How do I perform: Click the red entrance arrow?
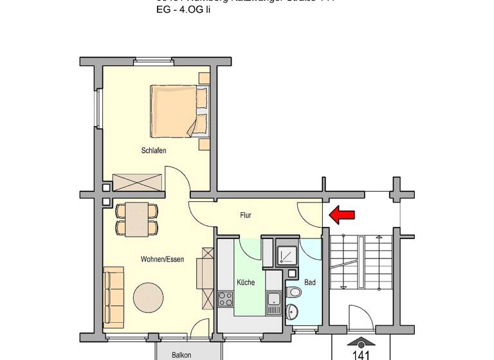click(x=342, y=215)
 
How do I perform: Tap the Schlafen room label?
click(x=154, y=151)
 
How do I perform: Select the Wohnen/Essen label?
click(x=162, y=260)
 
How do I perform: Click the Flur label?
click(x=246, y=215)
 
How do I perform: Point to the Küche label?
click(x=246, y=282)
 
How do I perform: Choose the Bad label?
click(x=309, y=282)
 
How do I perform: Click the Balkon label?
click(x=181, y=354)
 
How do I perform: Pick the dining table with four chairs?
click(x=137, y=219)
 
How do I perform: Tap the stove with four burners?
click(x=226, y=299)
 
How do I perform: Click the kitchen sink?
click(x=274, y=299)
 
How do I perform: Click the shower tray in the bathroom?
click(x=287, y=256)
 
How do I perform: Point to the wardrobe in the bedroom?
click(x=136, y=183)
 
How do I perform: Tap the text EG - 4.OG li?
click(x=183, y=10)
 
